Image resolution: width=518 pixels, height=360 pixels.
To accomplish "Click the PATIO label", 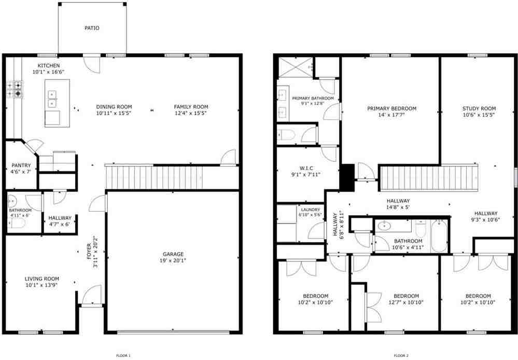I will (x=92, y=28).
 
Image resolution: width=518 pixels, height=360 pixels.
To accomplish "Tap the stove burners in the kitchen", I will (x=15, y=89).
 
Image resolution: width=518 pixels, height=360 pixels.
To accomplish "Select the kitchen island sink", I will (x=52, y=99).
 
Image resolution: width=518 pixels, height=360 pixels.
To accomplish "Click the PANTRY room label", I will (x=21, y=165).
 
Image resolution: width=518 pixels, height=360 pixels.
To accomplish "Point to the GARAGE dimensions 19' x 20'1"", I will (x=173, y=261).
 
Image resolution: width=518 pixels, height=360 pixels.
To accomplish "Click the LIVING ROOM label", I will (x=41, y=279).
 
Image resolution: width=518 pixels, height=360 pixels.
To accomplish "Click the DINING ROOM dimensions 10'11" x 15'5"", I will (x=114, y=113).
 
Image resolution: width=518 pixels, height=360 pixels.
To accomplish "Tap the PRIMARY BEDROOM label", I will (x=391, y=108).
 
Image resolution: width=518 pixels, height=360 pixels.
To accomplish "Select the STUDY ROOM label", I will (x=479, y=108).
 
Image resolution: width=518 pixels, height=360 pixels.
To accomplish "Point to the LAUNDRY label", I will (x=311, y=210).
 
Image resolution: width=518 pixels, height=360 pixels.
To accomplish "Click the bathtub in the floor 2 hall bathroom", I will (x=439, y=236).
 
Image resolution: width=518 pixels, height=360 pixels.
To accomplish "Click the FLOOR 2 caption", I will (x=401, y=355).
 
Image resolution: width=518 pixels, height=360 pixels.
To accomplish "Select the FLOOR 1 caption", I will (x=123, y=355).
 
